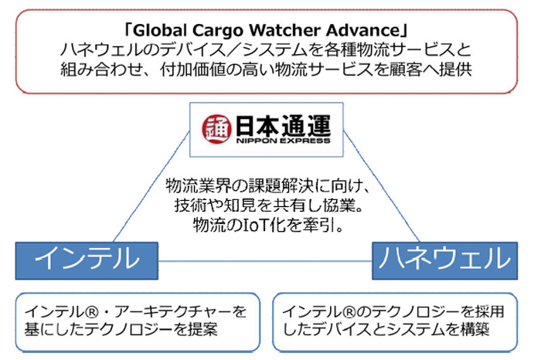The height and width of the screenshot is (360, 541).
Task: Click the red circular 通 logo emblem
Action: (216, 129)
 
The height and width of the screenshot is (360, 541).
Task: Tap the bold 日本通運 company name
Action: (284, 125)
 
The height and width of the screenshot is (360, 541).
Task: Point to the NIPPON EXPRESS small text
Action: (284, 141)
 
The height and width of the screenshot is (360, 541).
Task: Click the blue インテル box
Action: (87, 260)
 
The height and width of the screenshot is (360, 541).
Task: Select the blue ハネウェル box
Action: (444, 260)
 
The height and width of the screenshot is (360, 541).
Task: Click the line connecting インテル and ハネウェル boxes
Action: (265, 261)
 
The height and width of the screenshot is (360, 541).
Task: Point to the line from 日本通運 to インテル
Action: (151, 186)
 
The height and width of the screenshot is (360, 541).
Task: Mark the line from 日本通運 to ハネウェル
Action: (382, 186)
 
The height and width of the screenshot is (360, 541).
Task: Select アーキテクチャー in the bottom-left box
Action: (173, 312)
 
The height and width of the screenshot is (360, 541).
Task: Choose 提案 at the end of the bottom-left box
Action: (202, 329)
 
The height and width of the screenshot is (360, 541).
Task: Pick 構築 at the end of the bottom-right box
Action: (475, 329)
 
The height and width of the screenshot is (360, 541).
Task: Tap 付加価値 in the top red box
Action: (192, 70)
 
